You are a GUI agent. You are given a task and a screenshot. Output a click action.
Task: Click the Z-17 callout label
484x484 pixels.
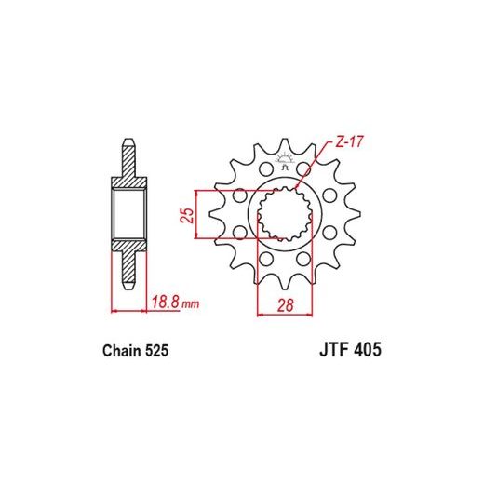point(349,142)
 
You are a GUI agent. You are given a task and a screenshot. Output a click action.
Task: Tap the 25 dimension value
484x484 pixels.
point(187,215)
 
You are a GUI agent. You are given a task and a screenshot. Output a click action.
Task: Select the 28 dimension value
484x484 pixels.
point(285,305)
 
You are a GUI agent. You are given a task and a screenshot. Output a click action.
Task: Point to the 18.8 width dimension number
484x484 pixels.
point(166,302)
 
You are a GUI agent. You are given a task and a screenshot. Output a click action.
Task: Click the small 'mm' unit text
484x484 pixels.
point(190,303)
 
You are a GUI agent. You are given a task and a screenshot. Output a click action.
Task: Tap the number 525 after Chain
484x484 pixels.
point(156,351)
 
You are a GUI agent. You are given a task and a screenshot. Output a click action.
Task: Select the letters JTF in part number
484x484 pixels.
point(335,350)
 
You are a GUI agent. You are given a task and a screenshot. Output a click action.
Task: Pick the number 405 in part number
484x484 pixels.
point(368,350)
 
